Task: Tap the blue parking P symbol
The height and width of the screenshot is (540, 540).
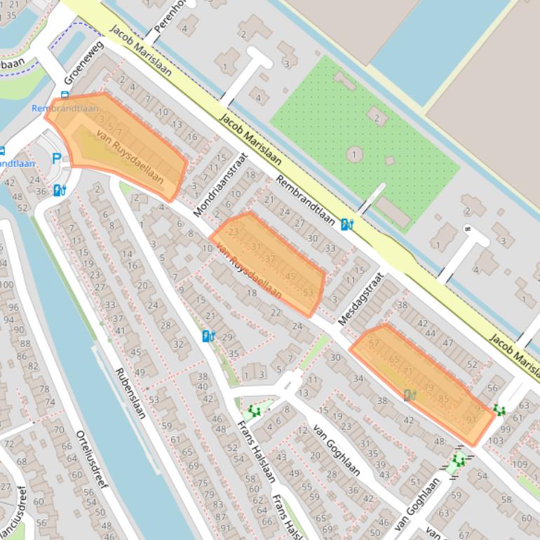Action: pos(56,159)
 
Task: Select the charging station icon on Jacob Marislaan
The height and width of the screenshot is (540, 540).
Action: pos(346,224)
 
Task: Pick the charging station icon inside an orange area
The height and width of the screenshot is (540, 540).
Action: pos(410,395)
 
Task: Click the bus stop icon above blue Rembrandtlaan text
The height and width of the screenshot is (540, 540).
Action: pos(65,95)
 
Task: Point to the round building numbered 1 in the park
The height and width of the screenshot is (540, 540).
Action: pos(355,154)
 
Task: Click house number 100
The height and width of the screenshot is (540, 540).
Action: pos(6,284)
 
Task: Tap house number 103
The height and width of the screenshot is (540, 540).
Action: pos(496,441)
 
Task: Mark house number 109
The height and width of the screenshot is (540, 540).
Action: pos(520,465)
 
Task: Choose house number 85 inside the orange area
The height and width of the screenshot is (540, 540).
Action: pos(443,399)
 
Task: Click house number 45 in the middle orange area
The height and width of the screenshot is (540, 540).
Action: pos(290,276)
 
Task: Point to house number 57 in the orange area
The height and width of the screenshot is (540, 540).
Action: pos(374,343)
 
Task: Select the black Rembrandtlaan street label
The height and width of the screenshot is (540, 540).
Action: pos(304,200)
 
